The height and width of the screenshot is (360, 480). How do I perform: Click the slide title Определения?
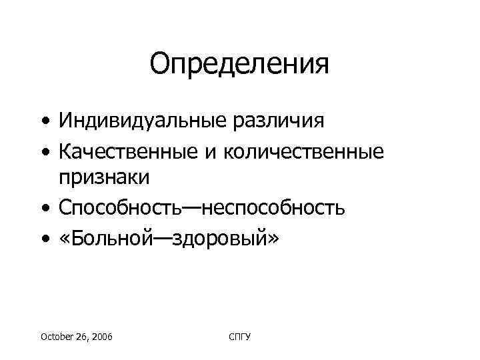click(239, 64)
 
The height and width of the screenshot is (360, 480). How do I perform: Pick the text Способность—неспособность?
click(201, 207)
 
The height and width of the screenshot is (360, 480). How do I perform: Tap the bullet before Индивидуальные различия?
click(43, 123)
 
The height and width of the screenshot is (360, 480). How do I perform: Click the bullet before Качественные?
click(43, 152)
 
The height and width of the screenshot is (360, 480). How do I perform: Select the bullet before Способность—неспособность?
click(43, 208)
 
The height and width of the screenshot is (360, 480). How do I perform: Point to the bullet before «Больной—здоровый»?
click(43, 237)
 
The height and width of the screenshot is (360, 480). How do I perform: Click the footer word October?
click(57, 338)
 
